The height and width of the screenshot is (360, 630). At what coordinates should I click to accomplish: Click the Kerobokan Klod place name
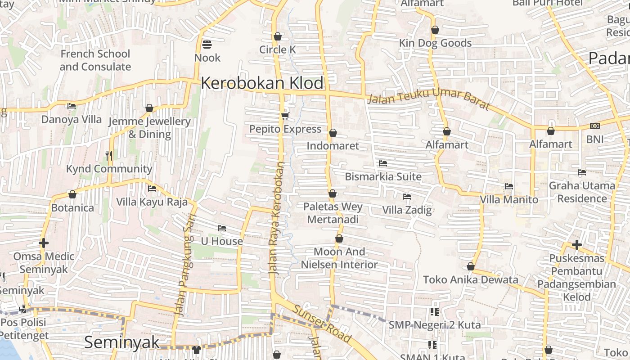click(x=262, y=83)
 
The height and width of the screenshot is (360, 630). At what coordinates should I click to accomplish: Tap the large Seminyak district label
click(x=121, y=342)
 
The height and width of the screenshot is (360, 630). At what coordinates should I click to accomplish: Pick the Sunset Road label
click(x=322, y=323)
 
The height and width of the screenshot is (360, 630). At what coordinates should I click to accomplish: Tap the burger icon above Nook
click(x=207, y=45)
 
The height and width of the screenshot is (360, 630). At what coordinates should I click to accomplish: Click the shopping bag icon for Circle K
click(x=278, y=36)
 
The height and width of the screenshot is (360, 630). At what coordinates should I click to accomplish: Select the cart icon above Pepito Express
click(x=285, y=116)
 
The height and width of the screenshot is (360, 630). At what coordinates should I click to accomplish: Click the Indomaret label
click(x=333, y=146)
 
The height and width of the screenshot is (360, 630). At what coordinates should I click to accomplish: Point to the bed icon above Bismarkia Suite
click(x=383, y=163)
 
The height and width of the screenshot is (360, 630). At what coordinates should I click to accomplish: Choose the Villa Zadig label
click(x=407, y=210)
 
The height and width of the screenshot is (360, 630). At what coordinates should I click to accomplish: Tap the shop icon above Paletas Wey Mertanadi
click(x=333, y=194)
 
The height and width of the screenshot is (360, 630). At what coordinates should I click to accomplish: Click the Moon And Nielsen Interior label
click(x=339, y=258)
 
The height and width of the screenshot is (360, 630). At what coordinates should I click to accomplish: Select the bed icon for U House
click(x=222, y=228)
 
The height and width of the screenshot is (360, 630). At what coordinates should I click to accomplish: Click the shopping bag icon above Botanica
click(x=72, y=195)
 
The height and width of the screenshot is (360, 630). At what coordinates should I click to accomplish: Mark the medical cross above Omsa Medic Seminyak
click(x=44, y=243)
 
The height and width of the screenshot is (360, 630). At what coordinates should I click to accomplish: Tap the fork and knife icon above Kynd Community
click(x=108, y=156)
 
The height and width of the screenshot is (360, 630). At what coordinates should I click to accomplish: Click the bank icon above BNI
click(x=595, y=126)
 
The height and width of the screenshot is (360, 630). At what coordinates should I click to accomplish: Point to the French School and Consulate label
click(x=95, y=60)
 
